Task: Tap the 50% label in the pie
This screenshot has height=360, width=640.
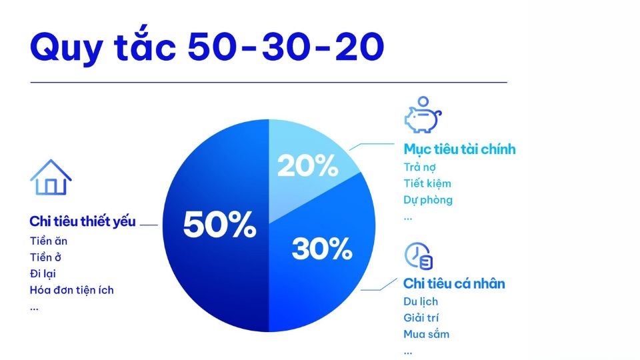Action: pos(219,225)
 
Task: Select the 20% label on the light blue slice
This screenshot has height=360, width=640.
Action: pos(307,165)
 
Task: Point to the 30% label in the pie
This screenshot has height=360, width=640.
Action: pos(321,249)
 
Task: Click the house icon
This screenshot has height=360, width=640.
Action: pos(51,177)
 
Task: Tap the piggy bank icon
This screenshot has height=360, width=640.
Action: pos(423,115)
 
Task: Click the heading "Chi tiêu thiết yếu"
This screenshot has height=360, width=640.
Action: pos(83,222)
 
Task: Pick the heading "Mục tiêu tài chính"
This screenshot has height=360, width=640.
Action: pos(459,149)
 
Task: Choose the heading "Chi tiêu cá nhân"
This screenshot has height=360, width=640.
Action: pos(454,284)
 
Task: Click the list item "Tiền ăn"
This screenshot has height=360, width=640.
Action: pos(49,241)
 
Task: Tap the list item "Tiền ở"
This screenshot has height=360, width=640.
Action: pos(46,257)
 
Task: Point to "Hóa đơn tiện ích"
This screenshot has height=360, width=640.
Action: pos(71,290)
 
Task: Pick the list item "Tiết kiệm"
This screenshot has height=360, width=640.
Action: pos(427,183)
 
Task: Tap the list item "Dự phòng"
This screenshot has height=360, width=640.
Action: pos(428,200)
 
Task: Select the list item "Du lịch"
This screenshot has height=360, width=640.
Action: pos(421,302)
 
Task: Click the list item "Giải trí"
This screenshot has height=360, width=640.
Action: pos(421,318)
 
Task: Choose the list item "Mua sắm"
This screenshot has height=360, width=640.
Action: pos(426,334)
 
